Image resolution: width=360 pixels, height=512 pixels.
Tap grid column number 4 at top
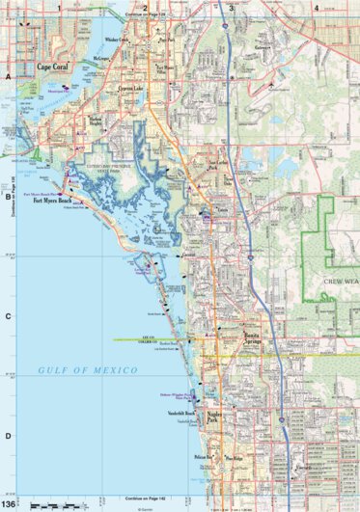coord(316,8)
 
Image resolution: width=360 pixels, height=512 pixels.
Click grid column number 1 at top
coord(59,8)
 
